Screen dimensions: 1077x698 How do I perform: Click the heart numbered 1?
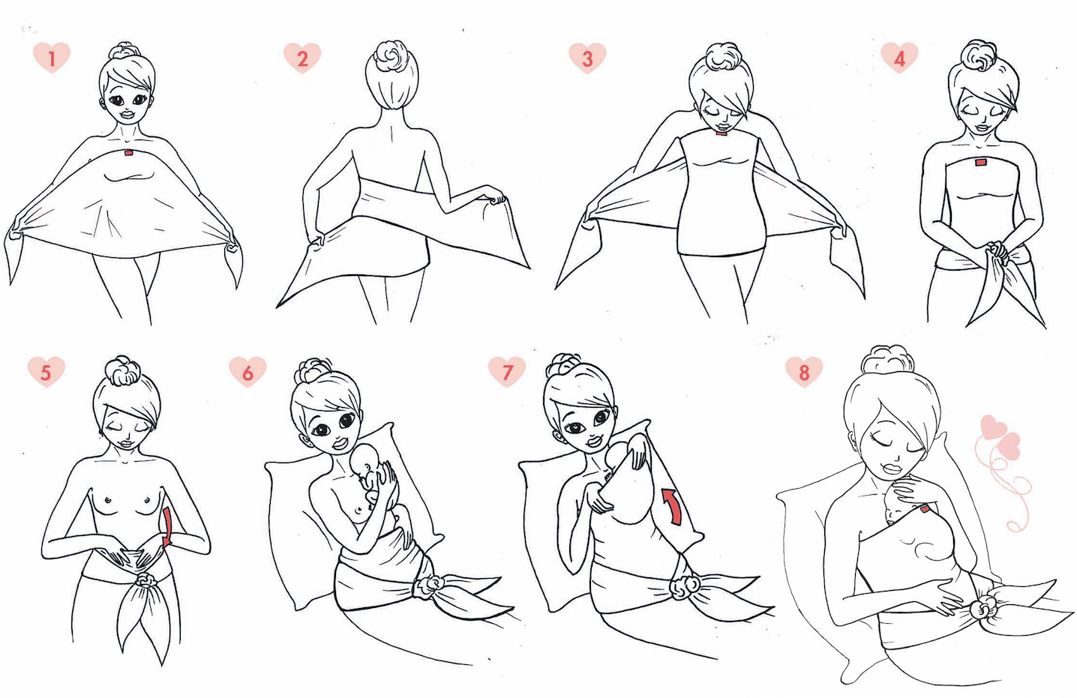point(52,57)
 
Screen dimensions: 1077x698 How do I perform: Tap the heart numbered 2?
point(302,58)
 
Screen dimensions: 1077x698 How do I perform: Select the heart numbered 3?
point(587,58)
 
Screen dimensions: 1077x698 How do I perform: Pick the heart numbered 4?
point(899,57)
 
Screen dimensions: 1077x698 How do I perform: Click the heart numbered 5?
point(46,371)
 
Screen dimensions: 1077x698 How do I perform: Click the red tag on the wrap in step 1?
point(129,153)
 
